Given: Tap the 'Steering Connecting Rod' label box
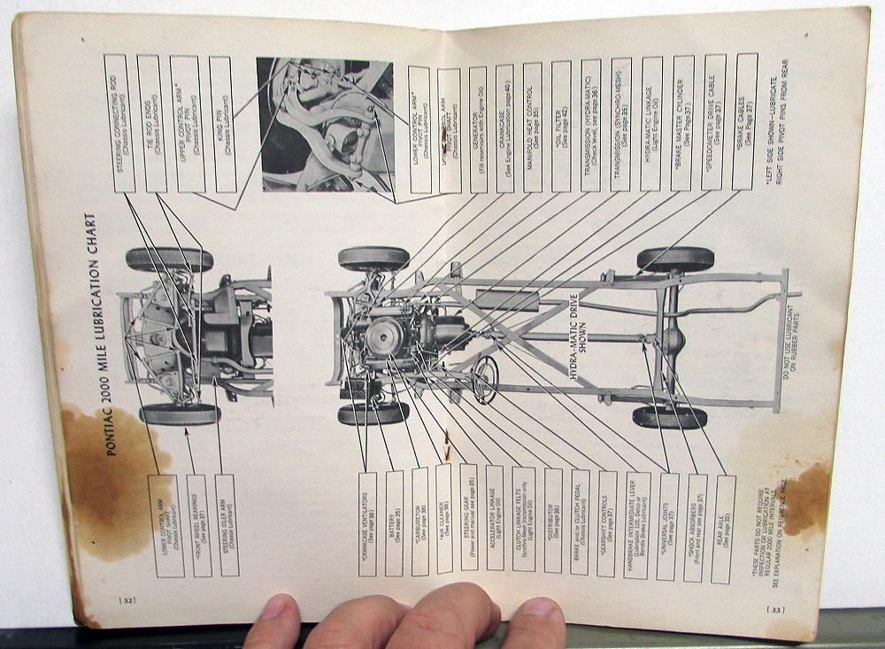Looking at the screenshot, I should (x=119, y=123).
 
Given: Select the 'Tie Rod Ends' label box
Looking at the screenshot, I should (x=151, y=123).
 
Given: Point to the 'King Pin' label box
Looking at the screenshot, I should (x=221, y=125).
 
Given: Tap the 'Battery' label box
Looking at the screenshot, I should (x=395, y=523).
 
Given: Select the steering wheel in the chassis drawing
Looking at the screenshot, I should (x=485, y=382).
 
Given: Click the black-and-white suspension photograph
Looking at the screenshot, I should (x=325, y=125).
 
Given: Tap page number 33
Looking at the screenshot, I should (x=776, y=608).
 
